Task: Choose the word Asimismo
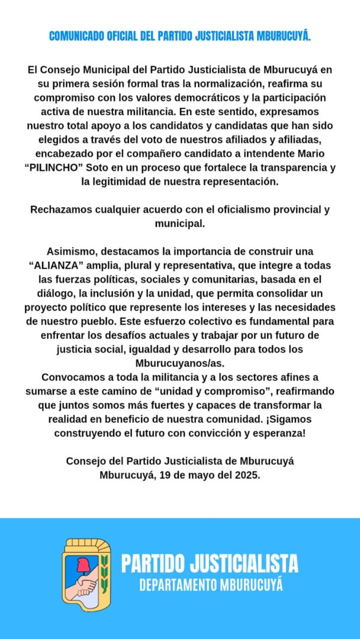(66, 251)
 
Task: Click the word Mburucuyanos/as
(179, 363)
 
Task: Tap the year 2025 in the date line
(247, 475)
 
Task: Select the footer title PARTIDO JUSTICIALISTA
(210, 563)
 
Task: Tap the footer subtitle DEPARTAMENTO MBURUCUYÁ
(211, 585)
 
